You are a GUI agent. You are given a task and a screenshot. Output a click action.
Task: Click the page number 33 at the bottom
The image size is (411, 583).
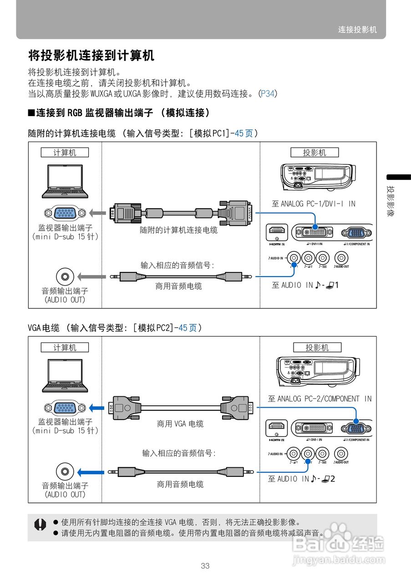[205, 566]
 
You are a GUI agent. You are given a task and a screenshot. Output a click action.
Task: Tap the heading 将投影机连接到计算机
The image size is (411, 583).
[91, 56]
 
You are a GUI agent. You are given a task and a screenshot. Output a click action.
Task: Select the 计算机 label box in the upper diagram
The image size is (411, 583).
[65, 153]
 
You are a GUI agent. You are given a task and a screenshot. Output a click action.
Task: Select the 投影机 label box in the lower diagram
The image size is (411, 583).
[317, 348]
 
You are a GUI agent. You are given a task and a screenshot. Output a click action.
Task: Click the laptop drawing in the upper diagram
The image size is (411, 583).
[65, 181]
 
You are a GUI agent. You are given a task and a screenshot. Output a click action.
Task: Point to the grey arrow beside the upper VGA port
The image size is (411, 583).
[96, 213]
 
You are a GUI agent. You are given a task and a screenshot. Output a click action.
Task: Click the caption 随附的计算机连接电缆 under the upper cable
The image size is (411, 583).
[178, 230]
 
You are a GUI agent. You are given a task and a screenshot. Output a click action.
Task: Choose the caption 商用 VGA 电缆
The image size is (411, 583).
[180, 424]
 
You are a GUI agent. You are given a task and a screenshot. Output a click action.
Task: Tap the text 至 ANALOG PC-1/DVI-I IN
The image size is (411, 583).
[313, 204]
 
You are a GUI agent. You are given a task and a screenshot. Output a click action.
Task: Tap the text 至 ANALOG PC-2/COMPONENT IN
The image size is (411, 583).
[320, 399]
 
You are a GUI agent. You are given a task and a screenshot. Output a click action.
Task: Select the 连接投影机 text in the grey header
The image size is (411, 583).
[357, 30]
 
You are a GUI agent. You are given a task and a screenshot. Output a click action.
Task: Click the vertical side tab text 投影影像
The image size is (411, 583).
[391, 201]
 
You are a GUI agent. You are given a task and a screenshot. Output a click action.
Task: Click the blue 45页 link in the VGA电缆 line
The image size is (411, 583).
[188, 327]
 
